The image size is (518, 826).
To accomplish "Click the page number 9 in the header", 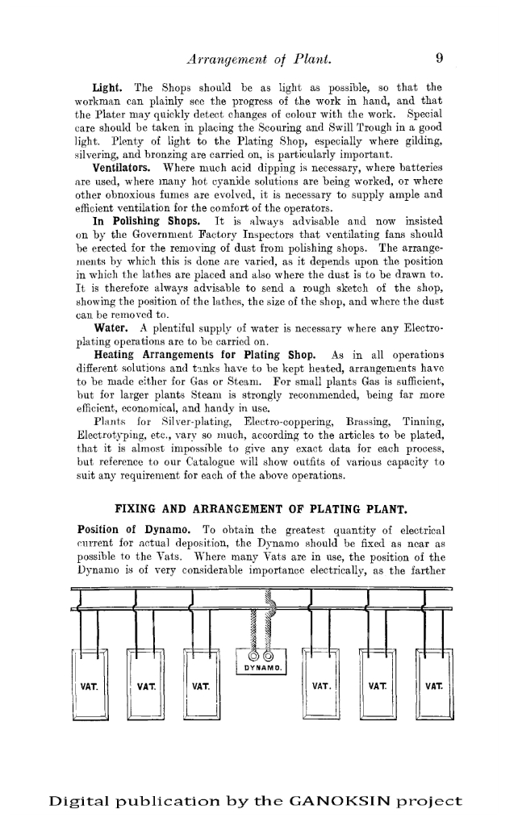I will (x=440, y=58).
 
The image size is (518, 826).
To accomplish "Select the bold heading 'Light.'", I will (x=107, y=87).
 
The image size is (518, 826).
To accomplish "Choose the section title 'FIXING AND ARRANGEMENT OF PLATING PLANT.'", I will (x=259, y=509).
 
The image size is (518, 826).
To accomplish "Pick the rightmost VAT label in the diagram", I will (x=433, y=687).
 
